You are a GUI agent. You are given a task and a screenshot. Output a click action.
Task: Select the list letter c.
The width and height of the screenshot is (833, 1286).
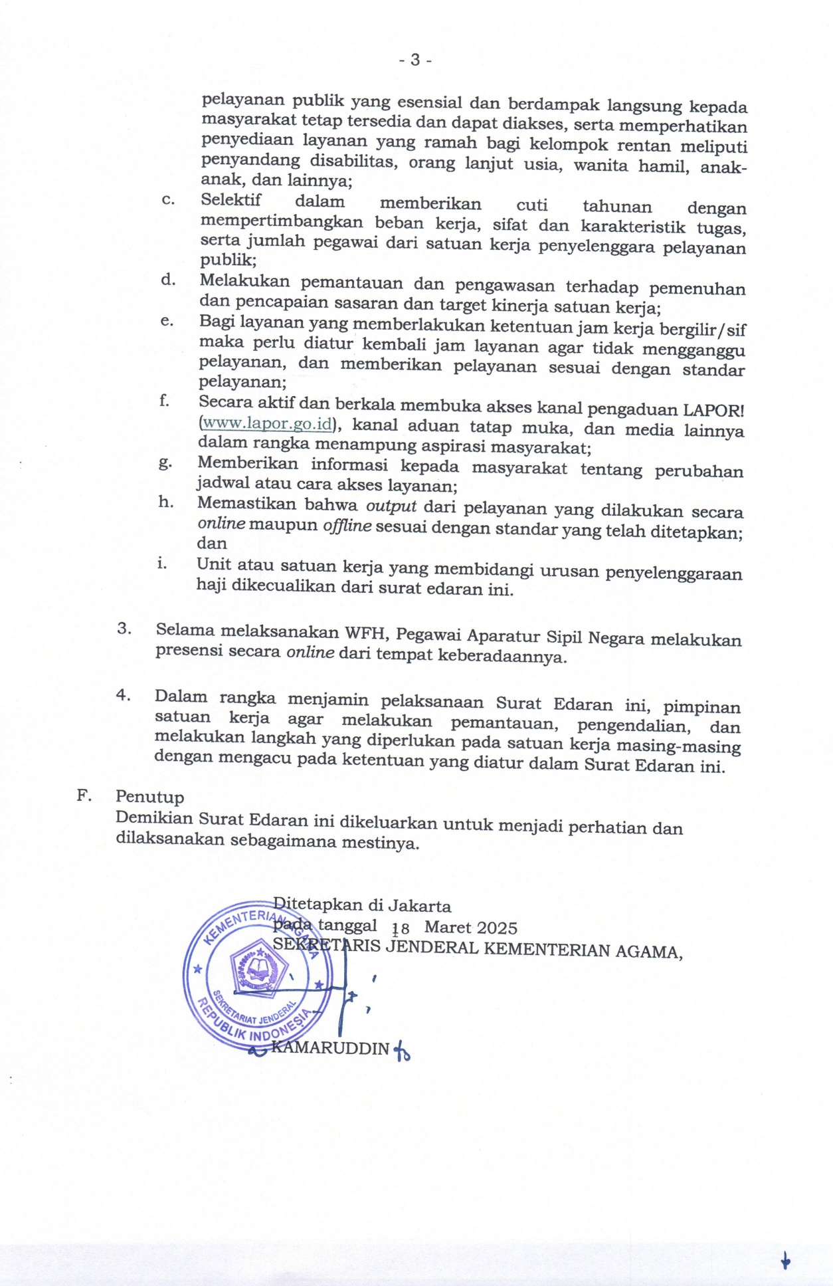168,199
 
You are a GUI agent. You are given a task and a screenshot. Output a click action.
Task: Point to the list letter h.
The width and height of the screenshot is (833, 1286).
166,502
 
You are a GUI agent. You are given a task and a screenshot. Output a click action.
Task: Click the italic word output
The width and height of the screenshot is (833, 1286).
391,506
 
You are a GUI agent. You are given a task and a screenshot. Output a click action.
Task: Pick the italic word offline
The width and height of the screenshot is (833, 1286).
347,526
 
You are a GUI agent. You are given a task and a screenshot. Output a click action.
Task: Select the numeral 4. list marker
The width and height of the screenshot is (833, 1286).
123,695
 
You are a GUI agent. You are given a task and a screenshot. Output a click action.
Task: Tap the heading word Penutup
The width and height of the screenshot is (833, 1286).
149,796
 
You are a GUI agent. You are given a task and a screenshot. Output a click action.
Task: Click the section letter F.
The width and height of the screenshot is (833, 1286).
84,795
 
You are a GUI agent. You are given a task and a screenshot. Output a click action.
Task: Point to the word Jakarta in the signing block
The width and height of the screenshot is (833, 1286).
419,905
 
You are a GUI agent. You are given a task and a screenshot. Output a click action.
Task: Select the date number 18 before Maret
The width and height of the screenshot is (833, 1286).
401,929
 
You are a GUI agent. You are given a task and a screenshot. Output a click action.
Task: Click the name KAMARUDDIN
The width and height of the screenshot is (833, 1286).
331,1048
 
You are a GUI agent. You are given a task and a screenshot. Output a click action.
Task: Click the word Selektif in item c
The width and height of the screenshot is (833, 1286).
231,199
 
